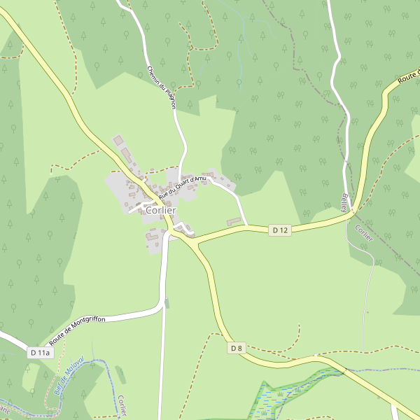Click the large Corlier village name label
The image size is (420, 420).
[x=161, y=210]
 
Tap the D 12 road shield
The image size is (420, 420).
[x=281, y=230]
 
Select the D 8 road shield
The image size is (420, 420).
[x=237, y=348]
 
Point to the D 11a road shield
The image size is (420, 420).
[x=41, y=353]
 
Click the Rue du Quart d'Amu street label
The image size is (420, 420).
[x=182, y=186]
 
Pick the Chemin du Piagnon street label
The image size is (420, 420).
[x=161, y=87]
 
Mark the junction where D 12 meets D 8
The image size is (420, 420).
[x=195, y=242]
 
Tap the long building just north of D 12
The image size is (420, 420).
[x=234, y=222]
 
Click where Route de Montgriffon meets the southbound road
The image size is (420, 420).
[x=163, y=307]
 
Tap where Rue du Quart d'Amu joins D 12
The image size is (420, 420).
[x=248, y=226]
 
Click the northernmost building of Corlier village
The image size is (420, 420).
[x=117, y=141]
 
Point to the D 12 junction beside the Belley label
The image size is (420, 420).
[x=353, y=209]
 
